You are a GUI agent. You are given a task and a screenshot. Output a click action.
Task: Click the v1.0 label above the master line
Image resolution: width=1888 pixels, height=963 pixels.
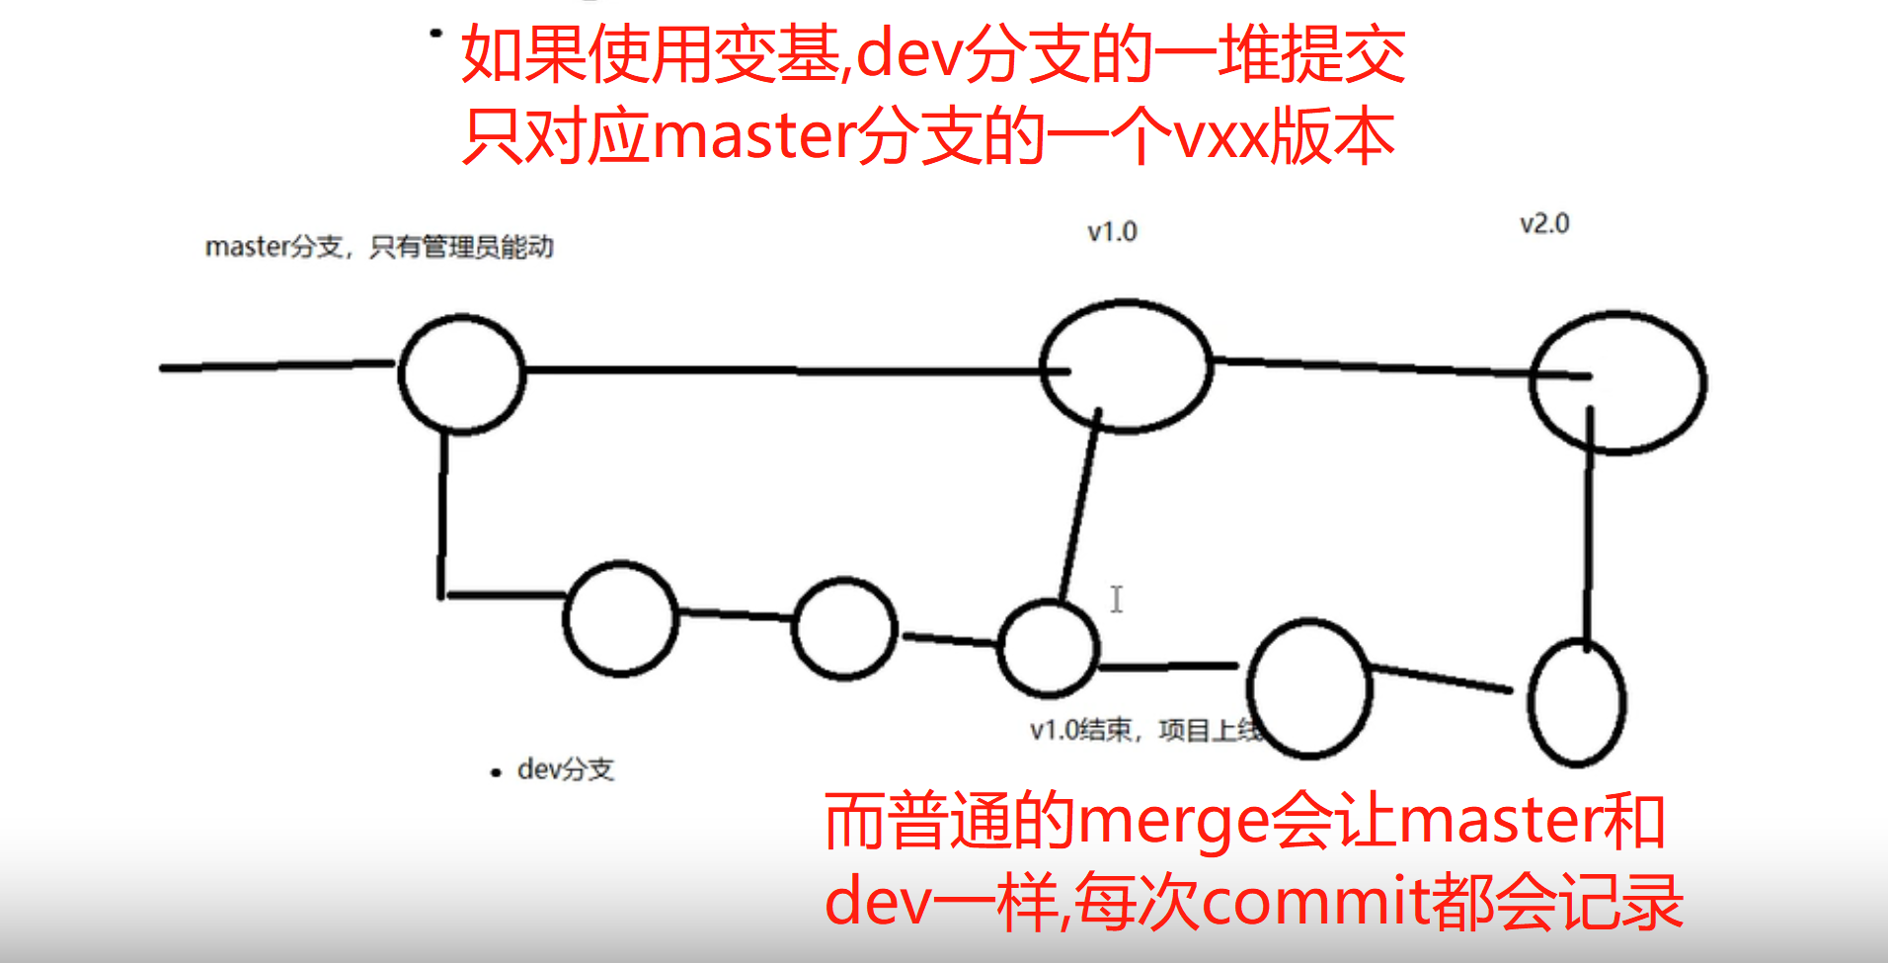pyautogui.click(x=1112, y=232)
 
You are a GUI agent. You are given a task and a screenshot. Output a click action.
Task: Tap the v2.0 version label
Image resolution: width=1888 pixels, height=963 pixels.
pyautogui.click(x=1544, y=224)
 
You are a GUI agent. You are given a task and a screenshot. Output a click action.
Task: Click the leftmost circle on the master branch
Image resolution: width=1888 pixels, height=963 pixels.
pyautogui.click(x=461, y=374)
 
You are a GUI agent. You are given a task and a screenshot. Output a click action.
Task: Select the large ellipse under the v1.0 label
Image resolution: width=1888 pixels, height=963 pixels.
pyautogui.click(x=1126, y=366)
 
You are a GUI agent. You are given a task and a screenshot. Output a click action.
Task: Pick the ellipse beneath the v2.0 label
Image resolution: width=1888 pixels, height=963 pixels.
pyautogui.click(x=1617, y=382)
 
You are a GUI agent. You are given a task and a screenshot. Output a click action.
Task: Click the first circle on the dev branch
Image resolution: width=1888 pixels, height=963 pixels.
pyautogui.click(x=620, y=618)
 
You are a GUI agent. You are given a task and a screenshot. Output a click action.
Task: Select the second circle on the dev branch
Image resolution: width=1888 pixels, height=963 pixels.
pyautogui.click(x=844, y=629)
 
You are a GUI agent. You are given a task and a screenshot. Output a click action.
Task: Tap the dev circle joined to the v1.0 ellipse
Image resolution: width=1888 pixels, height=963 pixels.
pyautogui.click(x=1049, y=648)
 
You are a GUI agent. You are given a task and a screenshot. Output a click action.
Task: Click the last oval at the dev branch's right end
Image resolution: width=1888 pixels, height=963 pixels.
pyautogui.click(x=1576, y=702)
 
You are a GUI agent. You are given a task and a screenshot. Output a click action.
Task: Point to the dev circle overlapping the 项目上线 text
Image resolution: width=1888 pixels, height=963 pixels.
pyautogui.click(x=1309, y=687)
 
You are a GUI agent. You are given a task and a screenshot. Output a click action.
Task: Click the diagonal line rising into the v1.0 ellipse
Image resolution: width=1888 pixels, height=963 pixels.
pyautogui.click(x=1080, y=504)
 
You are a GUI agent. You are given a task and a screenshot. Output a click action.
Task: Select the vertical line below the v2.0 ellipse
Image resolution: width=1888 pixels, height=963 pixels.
pyautogui.click(x=1588, y=533)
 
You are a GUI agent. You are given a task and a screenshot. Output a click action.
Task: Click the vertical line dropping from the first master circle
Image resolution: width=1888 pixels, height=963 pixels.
pyautogui.click(x=442, y=514)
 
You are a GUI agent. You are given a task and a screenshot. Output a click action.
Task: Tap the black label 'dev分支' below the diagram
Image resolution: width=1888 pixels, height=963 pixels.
pyautogui.click(x=565, y=769)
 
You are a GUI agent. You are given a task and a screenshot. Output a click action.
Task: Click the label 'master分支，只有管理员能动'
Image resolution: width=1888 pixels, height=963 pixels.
pyautogui.click(x=379, y=247)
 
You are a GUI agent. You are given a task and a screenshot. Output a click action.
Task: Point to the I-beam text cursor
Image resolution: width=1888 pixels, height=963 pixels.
pyautogui.click(x=1116, y=600)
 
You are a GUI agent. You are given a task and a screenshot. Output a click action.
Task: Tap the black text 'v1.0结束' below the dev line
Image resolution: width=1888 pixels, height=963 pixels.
pyautogui.click(x=1081, y=730)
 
